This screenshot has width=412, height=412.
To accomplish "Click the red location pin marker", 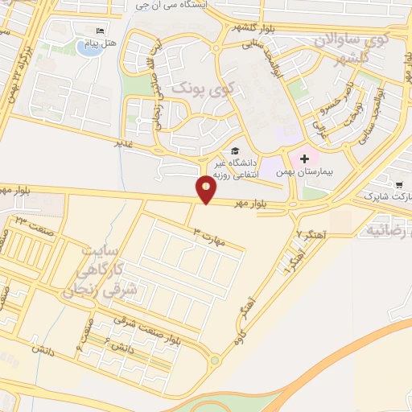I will [207, 190].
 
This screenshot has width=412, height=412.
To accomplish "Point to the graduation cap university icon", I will [234, 150].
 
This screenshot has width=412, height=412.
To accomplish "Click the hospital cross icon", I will [304, 159].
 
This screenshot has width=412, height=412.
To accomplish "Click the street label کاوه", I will [239, 337].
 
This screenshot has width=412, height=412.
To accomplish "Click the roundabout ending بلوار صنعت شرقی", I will [215, 360].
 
